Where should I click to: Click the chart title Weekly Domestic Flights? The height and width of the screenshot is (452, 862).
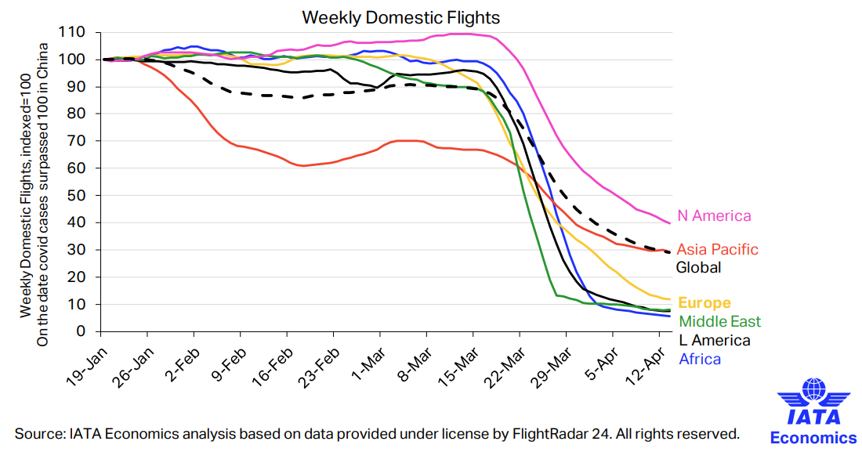401,16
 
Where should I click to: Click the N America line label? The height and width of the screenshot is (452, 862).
714,216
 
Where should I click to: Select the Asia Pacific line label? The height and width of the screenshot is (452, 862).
717,250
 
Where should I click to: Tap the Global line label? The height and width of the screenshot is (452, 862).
698,268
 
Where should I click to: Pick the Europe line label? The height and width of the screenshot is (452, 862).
704,303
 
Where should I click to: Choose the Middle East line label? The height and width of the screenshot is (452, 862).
719,321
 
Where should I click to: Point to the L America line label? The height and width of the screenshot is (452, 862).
714,340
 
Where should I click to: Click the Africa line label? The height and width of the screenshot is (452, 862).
700,359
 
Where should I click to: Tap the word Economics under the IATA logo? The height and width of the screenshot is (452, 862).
814,438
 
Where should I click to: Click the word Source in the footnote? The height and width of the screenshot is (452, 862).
40,433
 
